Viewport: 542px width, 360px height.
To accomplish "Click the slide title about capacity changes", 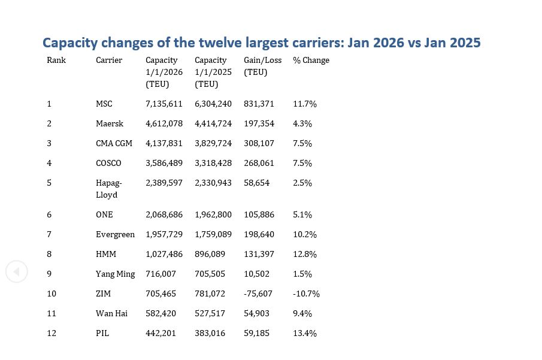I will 261,43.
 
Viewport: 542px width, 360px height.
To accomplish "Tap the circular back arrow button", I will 17,272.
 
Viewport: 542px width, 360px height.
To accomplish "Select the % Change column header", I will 311,60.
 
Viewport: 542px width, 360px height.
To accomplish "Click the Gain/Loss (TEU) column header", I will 262,66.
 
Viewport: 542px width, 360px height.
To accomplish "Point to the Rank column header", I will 56,60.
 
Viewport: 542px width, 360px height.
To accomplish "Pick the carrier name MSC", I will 104,104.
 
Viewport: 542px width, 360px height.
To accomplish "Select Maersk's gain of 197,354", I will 259,123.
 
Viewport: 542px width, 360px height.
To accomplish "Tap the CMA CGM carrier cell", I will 114,143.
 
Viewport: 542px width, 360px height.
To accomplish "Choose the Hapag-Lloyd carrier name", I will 108,189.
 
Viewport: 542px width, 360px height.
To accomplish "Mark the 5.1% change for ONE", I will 302,214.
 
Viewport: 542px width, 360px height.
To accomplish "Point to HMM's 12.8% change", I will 305,254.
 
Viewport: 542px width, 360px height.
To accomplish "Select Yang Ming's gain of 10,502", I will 256,274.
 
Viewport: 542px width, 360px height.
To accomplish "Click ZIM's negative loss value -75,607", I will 258,294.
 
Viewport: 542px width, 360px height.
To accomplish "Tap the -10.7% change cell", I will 306,294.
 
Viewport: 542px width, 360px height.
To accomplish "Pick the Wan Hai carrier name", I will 111,313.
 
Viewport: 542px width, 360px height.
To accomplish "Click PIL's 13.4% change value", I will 305,333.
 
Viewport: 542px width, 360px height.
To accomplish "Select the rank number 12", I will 52,333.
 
